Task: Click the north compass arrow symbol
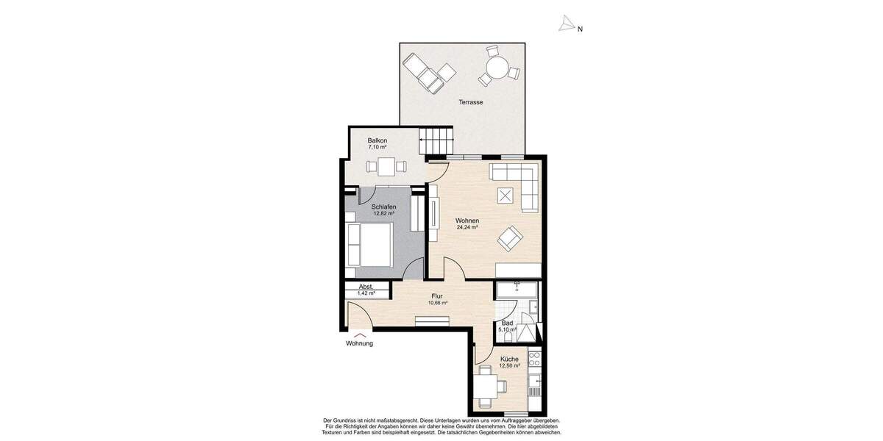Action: [x=567, y=25]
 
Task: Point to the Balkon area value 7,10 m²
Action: [x=377, y=147]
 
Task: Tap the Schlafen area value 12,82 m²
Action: [x=384, y=214]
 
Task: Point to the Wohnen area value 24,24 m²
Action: [x=467, y=228]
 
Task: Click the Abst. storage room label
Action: [x=366, y=287]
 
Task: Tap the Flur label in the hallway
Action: [x=436, y=296]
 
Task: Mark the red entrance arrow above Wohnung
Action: [x=359, y=335]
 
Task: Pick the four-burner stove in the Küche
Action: [x=535, y=360]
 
